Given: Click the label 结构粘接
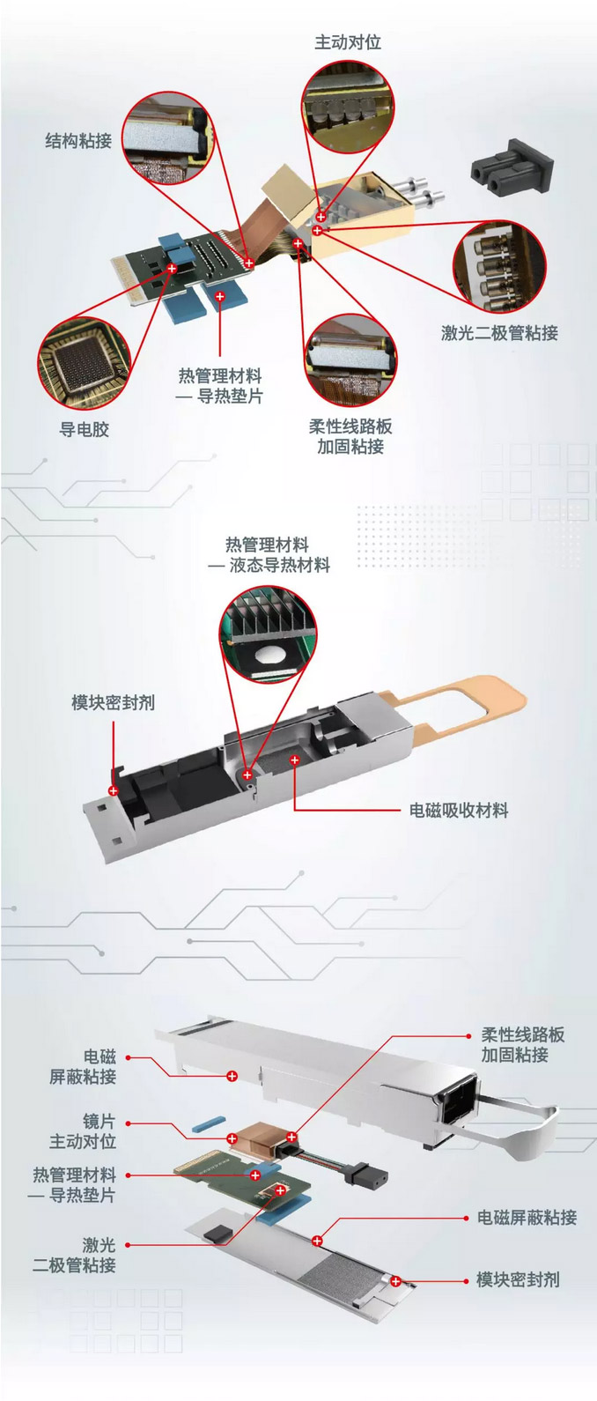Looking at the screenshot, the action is (78, 140).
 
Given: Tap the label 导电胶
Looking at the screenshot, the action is (85, 430).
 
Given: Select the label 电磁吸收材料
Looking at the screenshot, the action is (459, 811).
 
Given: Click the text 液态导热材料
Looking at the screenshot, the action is (279, 566).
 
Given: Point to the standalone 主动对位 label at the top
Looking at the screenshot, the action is (348, 42).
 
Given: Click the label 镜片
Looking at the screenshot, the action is (99, 1121).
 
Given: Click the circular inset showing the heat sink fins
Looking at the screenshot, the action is (269, 635).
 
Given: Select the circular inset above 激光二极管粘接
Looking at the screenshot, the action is (500, 267).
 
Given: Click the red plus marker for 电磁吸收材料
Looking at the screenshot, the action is (294, 760).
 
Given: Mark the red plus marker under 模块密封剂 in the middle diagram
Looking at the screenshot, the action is (114, 790).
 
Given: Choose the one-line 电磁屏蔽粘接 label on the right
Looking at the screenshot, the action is (527, 1217).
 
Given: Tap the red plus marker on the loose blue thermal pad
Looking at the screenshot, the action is (219, 296).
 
